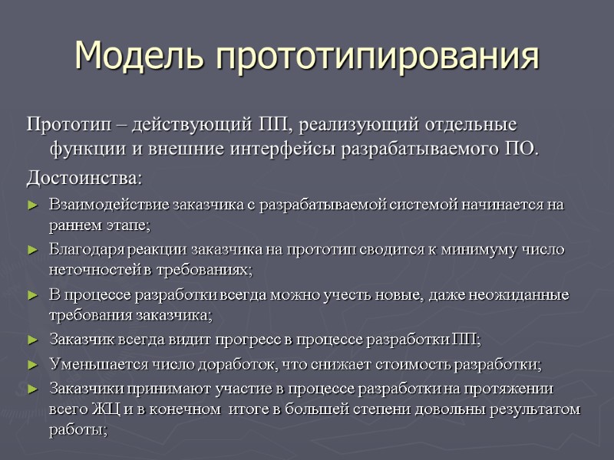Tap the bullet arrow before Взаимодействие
click(31, 205)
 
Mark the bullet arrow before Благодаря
click(31, 251)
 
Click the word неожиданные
click(523, 295)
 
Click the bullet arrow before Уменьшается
click(31, 364)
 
